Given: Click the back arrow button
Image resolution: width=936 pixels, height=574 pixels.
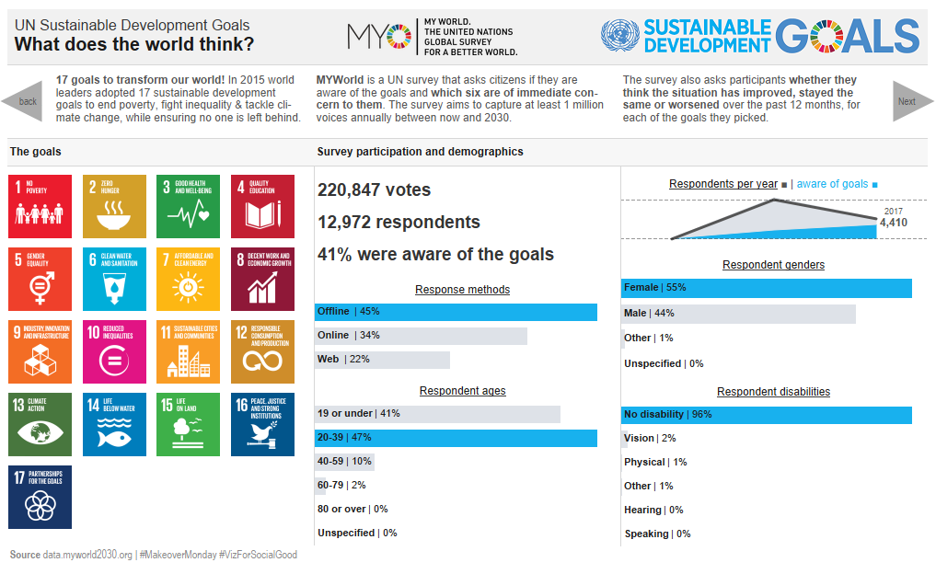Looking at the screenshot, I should click(x=23, y=101).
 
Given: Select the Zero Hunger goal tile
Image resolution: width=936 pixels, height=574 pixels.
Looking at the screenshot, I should click(x=114, y=207).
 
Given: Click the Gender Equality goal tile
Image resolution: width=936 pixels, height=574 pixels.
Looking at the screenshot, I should click(x=40, y=280).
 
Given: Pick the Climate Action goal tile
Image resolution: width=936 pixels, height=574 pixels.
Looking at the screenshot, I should click(x=40, y=425).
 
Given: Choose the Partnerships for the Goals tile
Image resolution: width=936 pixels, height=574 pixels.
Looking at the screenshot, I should click(x=40, y=498).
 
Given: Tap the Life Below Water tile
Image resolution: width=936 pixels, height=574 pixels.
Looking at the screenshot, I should click(x=114, y=425).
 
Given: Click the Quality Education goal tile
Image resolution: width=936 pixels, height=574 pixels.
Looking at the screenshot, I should click(x=263, y=207).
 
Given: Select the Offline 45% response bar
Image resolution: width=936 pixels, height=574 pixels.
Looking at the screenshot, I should click(x=456, y=312).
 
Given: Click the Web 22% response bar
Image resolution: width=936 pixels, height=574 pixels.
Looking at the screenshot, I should click(x=382, y=360).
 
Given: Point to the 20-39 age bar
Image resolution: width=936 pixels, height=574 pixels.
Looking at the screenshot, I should click(x=456, y=438).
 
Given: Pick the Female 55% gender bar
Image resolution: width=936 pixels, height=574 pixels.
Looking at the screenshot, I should click(x=766, y=288).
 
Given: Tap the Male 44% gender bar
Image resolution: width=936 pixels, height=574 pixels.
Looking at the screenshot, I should click(x=738, y=314).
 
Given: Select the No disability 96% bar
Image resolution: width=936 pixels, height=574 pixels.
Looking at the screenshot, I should click(x=766, y=415).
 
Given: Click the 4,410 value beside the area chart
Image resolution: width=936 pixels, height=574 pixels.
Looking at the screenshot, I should click(x=893, y=223).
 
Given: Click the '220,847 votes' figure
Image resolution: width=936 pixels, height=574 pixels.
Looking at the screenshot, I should click(x=374, y=190).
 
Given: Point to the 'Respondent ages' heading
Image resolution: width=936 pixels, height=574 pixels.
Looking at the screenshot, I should click(x=462, y=391).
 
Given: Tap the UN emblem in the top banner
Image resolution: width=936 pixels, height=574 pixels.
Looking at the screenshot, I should click(x=619, y=36).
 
